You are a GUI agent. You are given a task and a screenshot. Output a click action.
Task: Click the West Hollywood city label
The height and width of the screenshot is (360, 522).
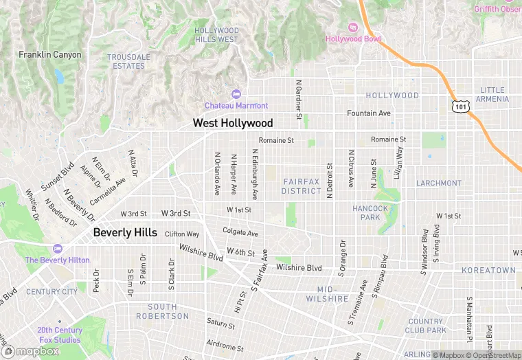pyautogui.click(x=232, y=123)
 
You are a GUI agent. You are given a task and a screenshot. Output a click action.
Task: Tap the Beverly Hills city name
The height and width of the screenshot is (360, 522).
pyautogui.click(x=125, y=232)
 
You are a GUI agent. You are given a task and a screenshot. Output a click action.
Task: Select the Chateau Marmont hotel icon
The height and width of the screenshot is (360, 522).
pyautogui.click(x=237, y=94)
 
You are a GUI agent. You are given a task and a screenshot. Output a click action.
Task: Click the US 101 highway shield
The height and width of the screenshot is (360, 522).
pyautogui.click(x=460, y=106)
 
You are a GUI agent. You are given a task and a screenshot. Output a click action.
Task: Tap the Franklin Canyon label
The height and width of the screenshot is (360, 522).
pyautogui.click(x=49, y=55)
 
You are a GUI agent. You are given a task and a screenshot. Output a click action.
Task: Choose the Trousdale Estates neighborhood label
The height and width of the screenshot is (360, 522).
pyautogui.click(x=129, y=62)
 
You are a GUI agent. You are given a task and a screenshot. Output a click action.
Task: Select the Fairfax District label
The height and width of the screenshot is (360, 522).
pyautogui.click(x=302, y=186)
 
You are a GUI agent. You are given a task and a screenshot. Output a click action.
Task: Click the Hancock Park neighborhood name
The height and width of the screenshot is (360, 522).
pyautogui.click(x=370, y=212)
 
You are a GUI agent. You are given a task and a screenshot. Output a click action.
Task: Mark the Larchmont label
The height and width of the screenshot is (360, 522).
pyautogui.click(x=439, y=183)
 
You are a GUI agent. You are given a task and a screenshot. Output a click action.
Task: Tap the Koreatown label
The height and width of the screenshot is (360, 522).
pyautogui.click(x=488, y=270)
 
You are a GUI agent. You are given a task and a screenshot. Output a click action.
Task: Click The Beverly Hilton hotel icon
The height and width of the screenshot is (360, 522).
pyautogui.click(x=56, y=249)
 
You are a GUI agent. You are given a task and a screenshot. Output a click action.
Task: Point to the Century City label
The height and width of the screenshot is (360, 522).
pyautogui.click(x=52, y=292)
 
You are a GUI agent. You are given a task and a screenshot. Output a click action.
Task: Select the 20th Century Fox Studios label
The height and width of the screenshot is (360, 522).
pyautogui.click(x=59, y=335)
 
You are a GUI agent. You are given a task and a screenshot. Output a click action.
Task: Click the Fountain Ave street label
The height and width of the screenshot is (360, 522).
pyautogui.click(x=369, y=113)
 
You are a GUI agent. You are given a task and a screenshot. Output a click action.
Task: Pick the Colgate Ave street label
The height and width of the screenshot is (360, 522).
pyautogui.click(x=240, y=233)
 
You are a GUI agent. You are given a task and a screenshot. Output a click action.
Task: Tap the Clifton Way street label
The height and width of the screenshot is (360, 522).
pyautogui.click(x=182, y=234)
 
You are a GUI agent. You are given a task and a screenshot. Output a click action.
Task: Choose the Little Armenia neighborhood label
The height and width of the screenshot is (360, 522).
pyautogui.click(x=495, y=94)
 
